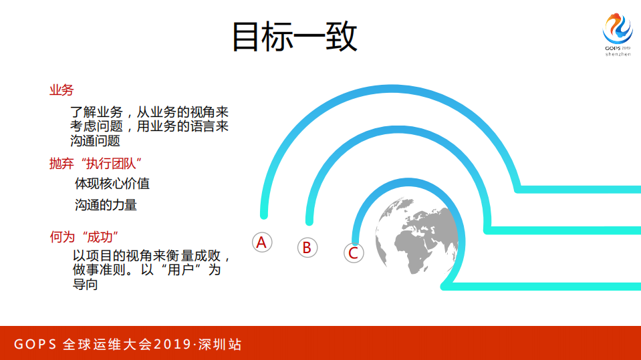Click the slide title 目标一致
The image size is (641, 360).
click(294, 37)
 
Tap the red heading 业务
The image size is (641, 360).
click(61, 90)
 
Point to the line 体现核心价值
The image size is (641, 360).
click(112, 184)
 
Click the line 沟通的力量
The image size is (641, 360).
click(106, 205)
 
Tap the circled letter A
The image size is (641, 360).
click(262, 242)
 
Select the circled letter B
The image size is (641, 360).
click(307, 248)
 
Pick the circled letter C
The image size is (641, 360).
click(354, 252)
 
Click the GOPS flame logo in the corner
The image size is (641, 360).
click(617, 29)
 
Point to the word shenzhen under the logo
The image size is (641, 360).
click(618, 55)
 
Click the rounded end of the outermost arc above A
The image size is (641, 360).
click(264, 214)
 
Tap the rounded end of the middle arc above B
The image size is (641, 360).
click(309, 220)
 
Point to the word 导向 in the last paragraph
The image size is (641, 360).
click(86, 284)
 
